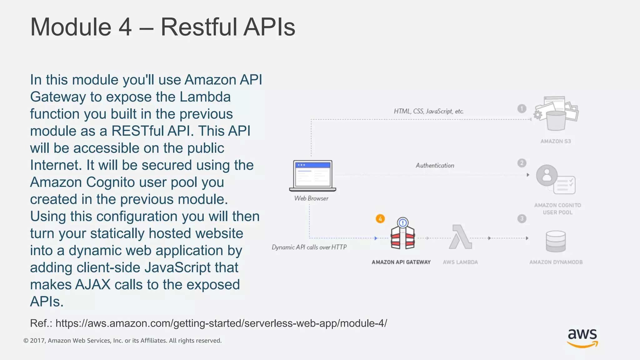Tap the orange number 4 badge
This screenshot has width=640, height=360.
click(380, 219)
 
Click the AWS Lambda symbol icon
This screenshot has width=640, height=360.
click(460, 237)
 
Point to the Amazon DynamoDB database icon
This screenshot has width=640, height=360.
click(556, 241)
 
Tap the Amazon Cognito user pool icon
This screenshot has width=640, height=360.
click(555, 179)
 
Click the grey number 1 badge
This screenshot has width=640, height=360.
click(522, 109)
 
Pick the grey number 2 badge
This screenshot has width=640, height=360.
click(522, 163)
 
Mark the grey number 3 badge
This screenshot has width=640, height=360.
click(522, 218)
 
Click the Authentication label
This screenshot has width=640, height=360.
click(435, 166)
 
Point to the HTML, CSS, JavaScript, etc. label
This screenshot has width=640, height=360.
click(428, 111)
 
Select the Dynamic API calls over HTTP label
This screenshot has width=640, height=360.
click(309, 247)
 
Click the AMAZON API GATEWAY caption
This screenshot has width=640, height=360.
click(401, 262)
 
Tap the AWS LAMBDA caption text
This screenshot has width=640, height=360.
click(460, 262)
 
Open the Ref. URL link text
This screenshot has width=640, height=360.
click(221, 323)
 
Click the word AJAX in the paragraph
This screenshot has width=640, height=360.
click(93, 285)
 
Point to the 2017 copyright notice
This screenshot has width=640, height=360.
click(122, 341)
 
